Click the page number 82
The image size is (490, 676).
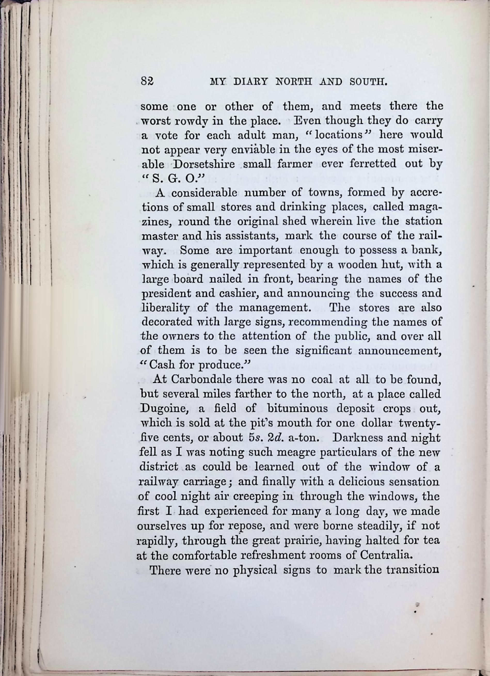[147, 81]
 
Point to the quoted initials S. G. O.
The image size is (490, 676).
[173, 179]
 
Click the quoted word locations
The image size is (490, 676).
[338, 135]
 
